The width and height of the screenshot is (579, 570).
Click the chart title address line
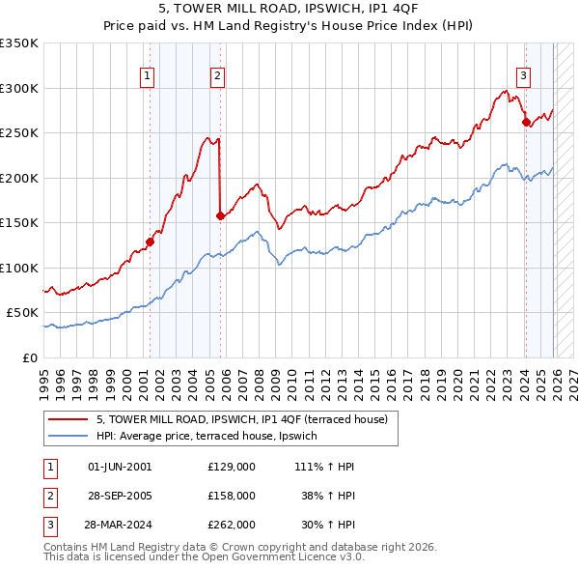pos(289,11)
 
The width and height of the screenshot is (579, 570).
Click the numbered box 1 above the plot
pos(148,75)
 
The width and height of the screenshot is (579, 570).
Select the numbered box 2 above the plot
pos(218,75)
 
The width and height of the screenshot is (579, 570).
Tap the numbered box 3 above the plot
pos(523,75)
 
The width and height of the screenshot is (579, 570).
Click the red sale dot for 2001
pos(150,242)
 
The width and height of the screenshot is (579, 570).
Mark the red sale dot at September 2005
pos(221,215)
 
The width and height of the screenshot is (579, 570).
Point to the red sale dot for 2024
pos(526,122)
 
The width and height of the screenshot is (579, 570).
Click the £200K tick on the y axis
pos(19,178)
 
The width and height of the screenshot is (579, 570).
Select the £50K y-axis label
pos(22,313)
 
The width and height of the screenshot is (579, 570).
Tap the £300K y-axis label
pos(19,88)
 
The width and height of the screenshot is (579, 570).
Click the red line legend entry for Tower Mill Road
pos(241,419)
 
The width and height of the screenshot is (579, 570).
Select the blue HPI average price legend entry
pos(213,437)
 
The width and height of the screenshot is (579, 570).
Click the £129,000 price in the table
pos(232,467)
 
